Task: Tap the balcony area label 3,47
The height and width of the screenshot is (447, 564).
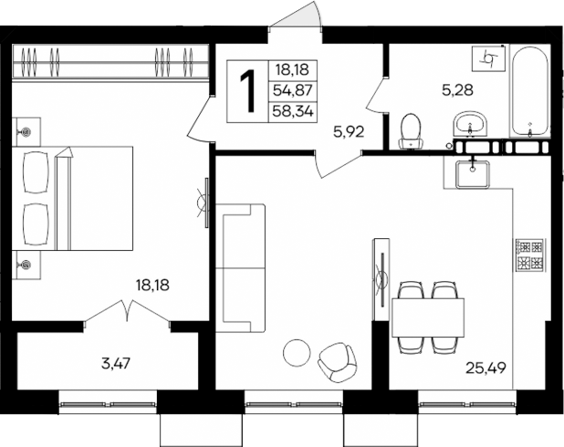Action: [116, 363]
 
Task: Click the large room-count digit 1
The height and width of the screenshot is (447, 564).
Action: [246, 89]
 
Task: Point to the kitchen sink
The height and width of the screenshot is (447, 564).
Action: [472, 172]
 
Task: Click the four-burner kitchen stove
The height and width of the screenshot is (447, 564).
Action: [529, 255]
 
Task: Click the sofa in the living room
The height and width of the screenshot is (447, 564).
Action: [241, 270]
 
